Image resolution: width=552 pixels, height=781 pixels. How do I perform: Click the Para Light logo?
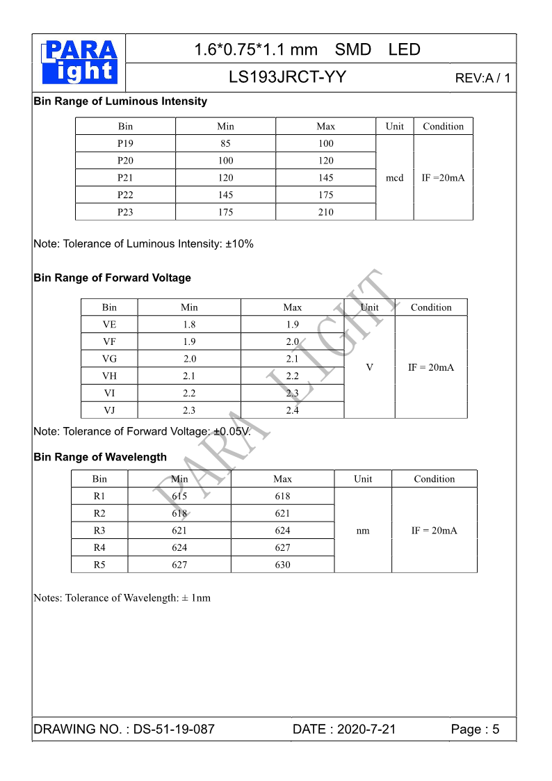pos(79,63)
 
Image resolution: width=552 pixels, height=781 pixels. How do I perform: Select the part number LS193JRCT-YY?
pos(287,77)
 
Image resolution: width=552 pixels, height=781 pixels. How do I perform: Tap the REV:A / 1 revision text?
pos(482,78)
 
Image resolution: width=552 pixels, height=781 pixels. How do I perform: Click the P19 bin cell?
pos(125,144)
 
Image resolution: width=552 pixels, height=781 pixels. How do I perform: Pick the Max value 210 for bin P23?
pos(325,212)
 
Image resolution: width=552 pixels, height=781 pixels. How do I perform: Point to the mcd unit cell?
pos(394,178)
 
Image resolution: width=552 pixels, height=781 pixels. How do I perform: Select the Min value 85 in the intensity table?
pos(225,144)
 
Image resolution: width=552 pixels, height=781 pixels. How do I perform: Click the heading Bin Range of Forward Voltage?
pos(112,278)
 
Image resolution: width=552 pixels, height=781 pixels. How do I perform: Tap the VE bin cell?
pos(109,325)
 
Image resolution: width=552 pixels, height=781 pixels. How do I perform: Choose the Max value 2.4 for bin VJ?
pos(292,410)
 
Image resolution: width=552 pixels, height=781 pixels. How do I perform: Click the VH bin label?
pos(109,376)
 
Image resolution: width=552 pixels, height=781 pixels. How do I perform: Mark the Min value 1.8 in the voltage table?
pos(189,325)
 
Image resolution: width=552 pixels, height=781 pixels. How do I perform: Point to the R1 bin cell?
pos(99,497)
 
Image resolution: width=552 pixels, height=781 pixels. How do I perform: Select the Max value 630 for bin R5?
pos(282,565)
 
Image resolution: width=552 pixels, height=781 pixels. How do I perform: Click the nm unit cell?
pos(363,531)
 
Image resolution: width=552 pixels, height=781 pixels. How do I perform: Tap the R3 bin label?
pos(99,531)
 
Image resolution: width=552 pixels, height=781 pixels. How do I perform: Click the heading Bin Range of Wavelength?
pos(100,458)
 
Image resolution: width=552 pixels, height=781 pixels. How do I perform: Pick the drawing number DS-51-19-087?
pos(174,730)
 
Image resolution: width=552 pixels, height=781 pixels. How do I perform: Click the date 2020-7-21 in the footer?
pos(365,730)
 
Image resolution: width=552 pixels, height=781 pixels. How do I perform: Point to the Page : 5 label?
pos(475,730)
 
